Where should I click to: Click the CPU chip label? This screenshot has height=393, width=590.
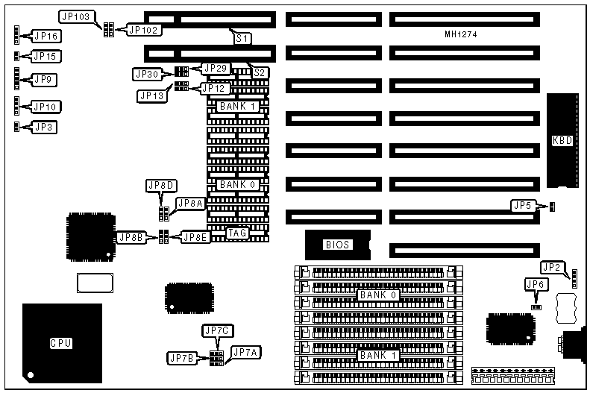[61, 343]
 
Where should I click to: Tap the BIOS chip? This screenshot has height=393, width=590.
[336, 244]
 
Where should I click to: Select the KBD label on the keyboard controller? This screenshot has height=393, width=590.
[562, 141]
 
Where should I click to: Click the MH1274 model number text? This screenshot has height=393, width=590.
[460, 34]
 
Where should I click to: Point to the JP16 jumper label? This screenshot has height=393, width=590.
[47, 35]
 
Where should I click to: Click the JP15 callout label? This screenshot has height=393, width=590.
[47, 56]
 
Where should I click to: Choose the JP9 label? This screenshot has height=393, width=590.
[44, 78]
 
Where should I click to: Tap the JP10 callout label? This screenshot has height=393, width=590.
[47, 107]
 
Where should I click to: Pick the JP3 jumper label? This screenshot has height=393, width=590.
[44, 126]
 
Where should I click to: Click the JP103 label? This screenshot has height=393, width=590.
[76, 16]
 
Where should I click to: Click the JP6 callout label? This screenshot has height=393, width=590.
[536, 283]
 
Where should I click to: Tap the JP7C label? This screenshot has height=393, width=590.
[217, 330]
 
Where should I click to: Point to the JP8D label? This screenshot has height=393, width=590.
[161, 185]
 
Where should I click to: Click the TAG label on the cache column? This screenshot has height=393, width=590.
[237, 233]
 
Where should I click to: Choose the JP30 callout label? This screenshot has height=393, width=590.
[146, 74]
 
